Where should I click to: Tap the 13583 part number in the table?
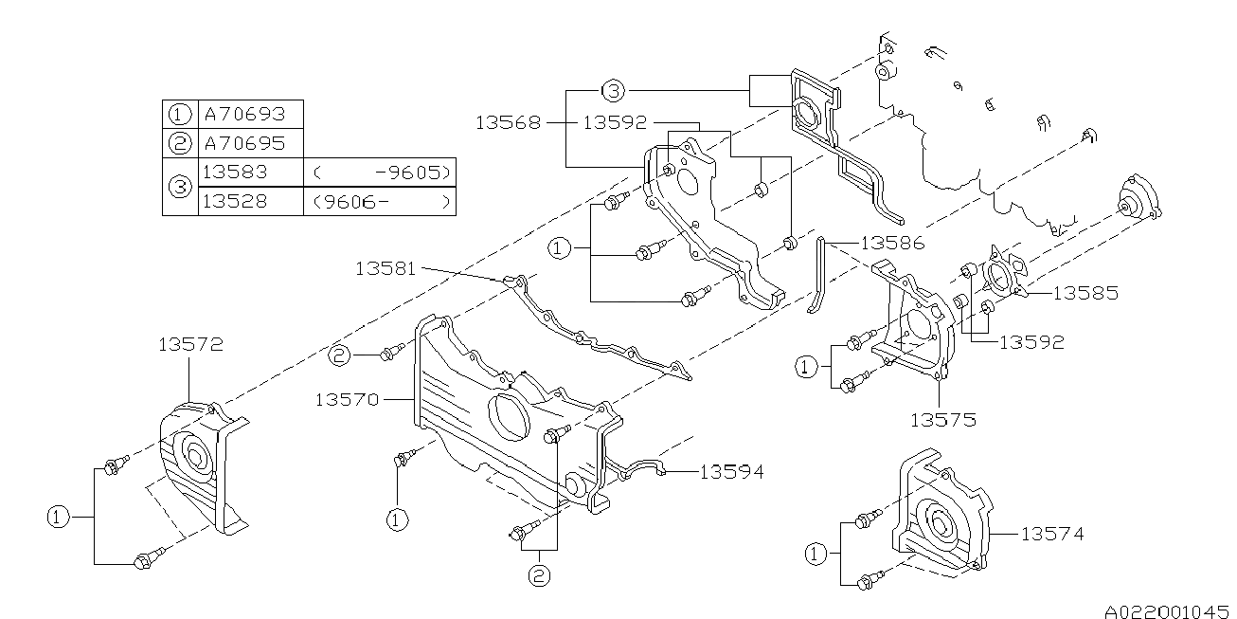(x=235, y=173)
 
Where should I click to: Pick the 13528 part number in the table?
(x=235, y=201)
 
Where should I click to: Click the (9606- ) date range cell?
(x=379, y=201)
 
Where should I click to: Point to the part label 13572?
(x=189, y=345)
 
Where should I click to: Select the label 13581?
(x=386, y=268)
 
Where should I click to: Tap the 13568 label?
(x=508, y=122)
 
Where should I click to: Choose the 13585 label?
(x=1085, y=293)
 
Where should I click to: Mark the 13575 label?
(x=942, y=417)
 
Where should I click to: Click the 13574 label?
(x=1051, y=535)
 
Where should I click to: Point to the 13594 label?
(x=731, y=470)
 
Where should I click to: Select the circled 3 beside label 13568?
(x=613, y=91)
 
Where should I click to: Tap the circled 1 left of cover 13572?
(x=57, y=517)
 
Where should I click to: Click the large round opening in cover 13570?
(x=510, y=417)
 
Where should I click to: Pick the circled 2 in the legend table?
(x=180, y=143)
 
